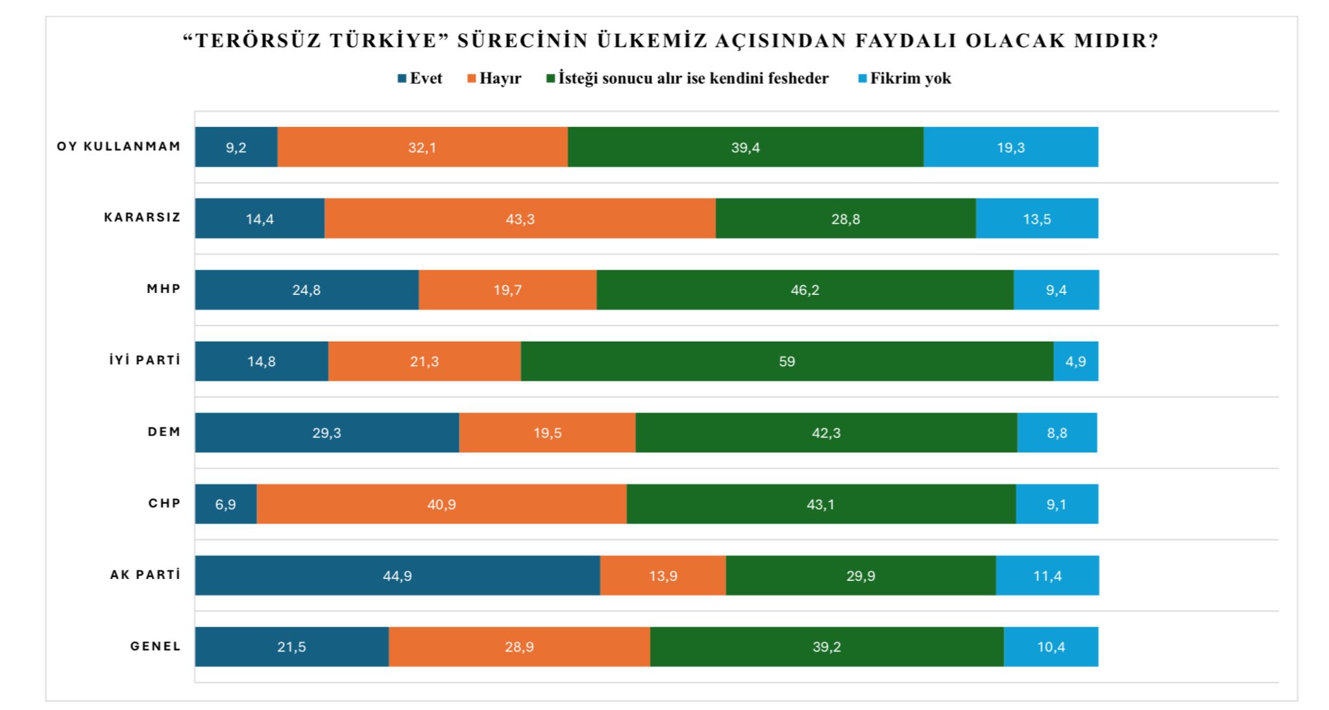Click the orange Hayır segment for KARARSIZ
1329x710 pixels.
point(520,219)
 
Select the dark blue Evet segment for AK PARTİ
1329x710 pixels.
point(397,575)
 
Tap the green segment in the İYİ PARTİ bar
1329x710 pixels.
point(786,361)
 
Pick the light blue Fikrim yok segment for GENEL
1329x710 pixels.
point(1051,646)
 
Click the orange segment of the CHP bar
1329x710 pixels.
point(441,504)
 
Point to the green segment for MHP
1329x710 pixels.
point(805,290)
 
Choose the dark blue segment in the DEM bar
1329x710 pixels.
point(326,432)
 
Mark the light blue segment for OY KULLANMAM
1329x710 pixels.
point(1010,147)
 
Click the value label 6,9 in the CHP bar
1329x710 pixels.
point(225,504)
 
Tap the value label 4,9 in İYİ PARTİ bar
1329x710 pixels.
point(1075,361)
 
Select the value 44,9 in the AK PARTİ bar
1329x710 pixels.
point(397,575)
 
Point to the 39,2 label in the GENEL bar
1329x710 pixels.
point(826,646)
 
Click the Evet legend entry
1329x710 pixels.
point(420,78)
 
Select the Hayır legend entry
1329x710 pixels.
point(494,78)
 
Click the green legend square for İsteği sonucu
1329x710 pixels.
point(550,78)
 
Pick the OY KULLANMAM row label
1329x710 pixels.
point(119,147)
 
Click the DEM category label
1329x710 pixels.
point(164,432)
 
